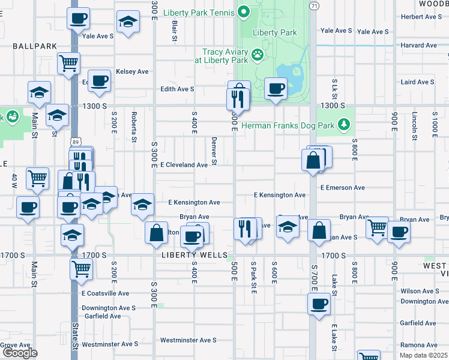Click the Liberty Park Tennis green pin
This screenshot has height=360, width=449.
pos(244,11)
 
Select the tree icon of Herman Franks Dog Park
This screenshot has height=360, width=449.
pos(343,125)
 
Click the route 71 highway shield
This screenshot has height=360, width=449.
pos(314,5)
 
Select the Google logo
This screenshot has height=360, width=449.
pos(19,352)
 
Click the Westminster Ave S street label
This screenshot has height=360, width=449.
pos(188,340)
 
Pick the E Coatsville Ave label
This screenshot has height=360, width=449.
pos(105,293)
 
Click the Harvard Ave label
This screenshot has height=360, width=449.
pos(419,46)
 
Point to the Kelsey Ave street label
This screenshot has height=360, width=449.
pos(132,71)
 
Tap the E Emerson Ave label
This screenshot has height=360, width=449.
pos(342,188)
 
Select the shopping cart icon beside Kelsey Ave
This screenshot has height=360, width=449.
pos(69,62)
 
